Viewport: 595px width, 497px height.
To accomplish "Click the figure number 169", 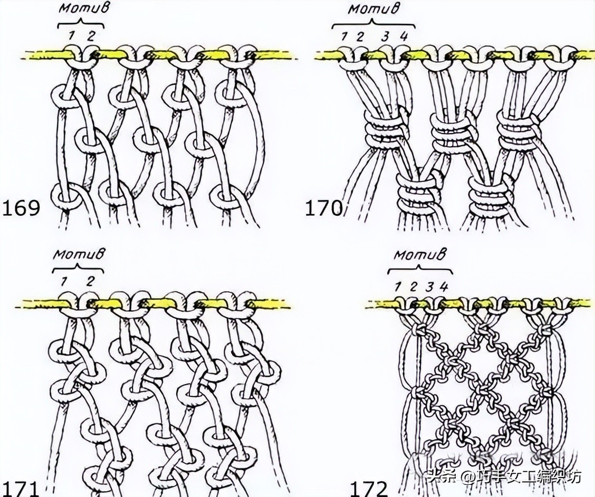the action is [21, 208].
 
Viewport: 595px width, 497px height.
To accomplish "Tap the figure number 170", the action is [324, 208].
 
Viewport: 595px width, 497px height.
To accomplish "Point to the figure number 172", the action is [369, 489].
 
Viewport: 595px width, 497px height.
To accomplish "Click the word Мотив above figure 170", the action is [373, 9].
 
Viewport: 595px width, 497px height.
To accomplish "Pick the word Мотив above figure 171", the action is [79, 254].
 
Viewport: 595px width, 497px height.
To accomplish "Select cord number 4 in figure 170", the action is [404, 37].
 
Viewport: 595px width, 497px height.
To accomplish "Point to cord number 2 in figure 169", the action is [91, 36].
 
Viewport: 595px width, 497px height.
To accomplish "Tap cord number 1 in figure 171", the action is [64, 282].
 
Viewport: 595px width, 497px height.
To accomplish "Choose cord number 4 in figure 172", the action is [444, 287].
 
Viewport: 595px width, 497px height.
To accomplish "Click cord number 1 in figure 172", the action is [397, 287].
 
